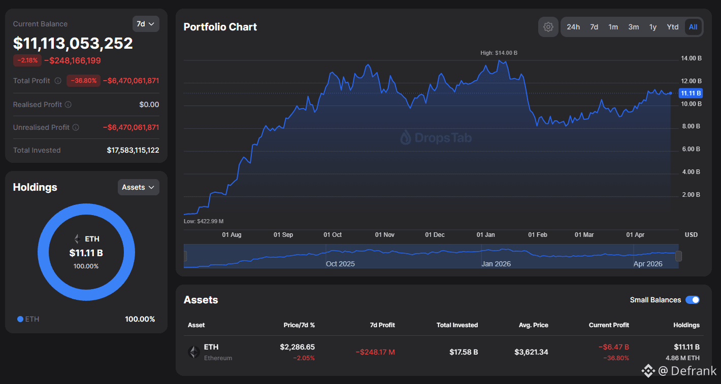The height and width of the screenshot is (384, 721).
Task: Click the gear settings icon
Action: pos(548,27)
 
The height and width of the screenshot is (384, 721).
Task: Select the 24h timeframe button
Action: pos(573,27)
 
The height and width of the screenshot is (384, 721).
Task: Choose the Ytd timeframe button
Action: pos(672,27)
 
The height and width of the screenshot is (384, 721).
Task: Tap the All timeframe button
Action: pos(693,27)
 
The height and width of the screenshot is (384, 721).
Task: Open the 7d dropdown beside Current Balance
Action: pos(146,24)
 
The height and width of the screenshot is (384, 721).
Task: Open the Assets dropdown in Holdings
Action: pos(139,187)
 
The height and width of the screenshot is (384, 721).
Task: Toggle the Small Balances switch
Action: pos(693,300)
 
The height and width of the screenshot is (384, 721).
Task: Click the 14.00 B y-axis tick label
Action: pos(691,58)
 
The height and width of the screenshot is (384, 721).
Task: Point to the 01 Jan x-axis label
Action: pos(486,235)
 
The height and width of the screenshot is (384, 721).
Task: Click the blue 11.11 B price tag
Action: pos(691,93)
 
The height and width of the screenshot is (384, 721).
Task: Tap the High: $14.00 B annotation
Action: pos(499,53)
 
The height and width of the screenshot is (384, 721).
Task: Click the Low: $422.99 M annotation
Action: pos(204,221)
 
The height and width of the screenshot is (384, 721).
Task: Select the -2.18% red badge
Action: pos(27,60)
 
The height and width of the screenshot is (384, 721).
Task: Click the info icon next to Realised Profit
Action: pos(68,104)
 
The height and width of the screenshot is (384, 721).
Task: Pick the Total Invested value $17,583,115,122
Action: pos(133,150)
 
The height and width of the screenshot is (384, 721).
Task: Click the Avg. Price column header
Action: pos(533,325)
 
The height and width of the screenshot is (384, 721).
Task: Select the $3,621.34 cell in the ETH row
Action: pos(531,352)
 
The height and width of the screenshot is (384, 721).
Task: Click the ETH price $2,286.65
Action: pos(298,347)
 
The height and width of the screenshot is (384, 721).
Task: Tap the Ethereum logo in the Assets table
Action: pos(194,352)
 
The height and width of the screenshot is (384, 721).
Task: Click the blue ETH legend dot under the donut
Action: pos(20,319)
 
